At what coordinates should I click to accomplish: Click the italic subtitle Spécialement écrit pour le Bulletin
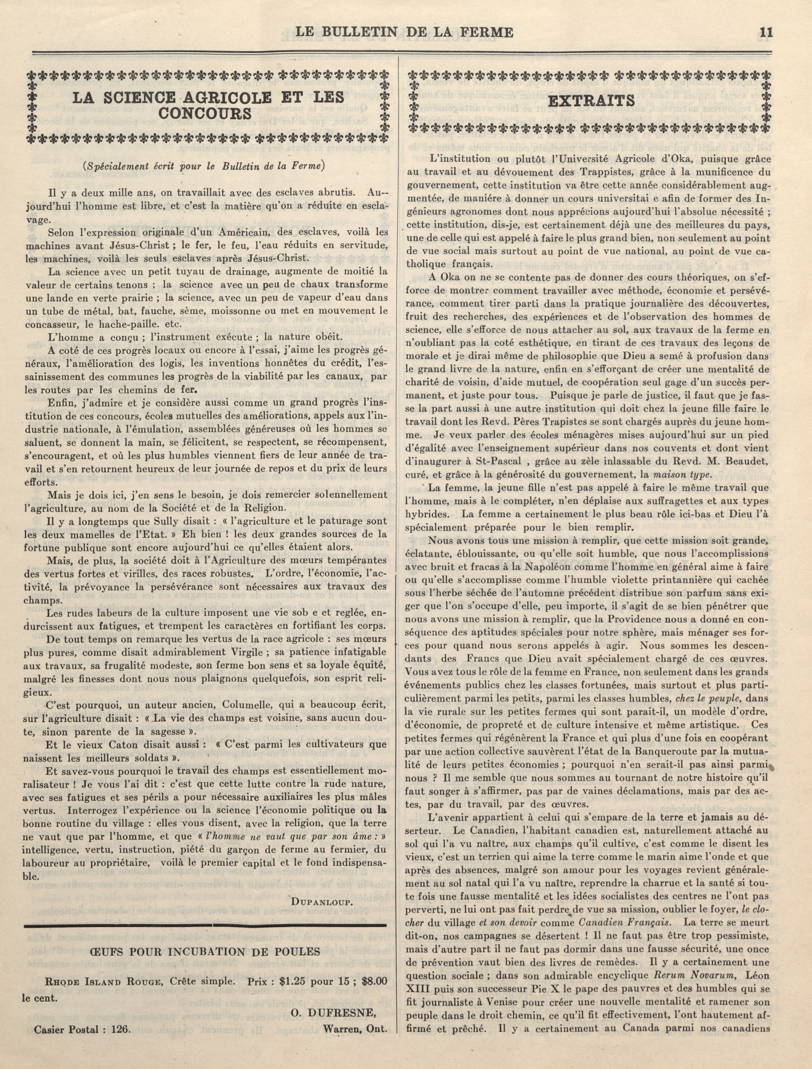click(204, 165)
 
